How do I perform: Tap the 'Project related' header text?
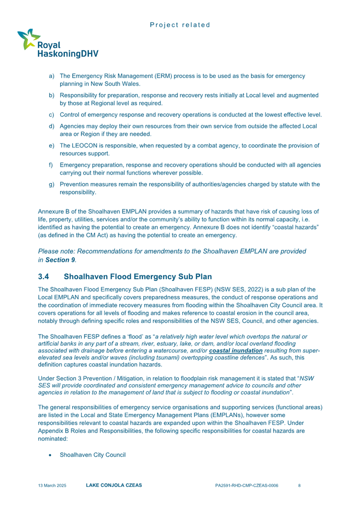[180, 25]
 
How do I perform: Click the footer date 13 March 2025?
[52, 486]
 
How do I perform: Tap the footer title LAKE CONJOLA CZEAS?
[114, 486]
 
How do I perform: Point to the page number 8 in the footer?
[300, 486]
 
